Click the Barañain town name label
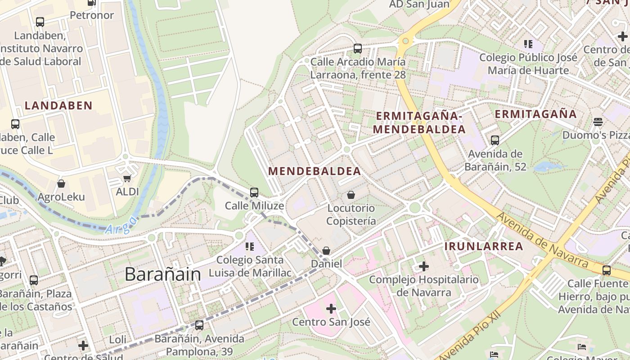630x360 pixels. pyautogui.click(x=162, y=274)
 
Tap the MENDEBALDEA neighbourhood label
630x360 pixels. pyautogui.click(x=315, y=171)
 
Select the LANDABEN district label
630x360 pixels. pyautogui.click(x=58, y=106)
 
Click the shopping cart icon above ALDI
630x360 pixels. pyautogui.click(x=127, y=179)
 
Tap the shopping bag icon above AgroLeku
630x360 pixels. pyautogui.click(x=61, y=184)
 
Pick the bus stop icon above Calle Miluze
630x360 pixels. pyautogui.click(x=254, y=193)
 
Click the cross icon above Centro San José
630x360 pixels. pyautogui.click(x=331, y=309)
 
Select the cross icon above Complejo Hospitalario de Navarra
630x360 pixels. pyautogui.click(x=424, y=266)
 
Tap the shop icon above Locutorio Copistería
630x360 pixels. pyautogui.click(x=351, y=195)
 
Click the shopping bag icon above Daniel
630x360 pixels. pyautogui.click(x=326, y=251)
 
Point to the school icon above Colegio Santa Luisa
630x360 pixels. pyautogui.click(x=250, y=247)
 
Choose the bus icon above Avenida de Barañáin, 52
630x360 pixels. pyautogui.click(x=495, y=140)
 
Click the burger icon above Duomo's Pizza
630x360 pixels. pyautogui.click(x=598, y=121)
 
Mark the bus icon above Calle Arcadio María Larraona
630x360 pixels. pyautogui.click(x=358, y=49)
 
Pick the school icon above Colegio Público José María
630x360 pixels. pyautogui.click(x=528, y=44)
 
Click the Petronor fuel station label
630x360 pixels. pyautogui.click(x=92, y=15)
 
